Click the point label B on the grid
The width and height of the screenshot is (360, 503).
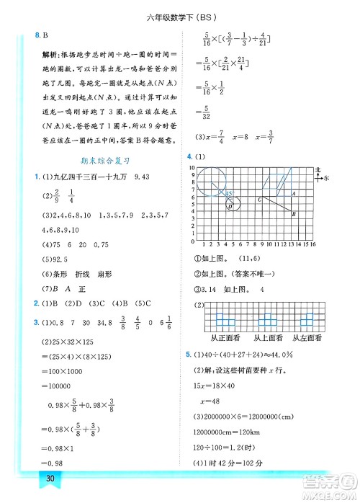293,213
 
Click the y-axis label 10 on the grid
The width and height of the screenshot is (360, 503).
192,166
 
